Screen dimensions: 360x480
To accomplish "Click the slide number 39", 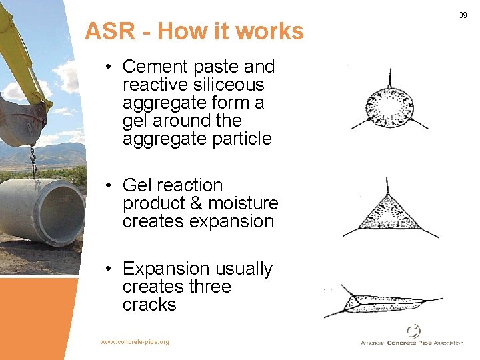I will pyautogui.click(x=463, y=15).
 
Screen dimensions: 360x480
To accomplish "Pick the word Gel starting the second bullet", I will pyautogui.click(x=139, y=185).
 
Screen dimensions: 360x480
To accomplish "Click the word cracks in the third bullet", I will pyautogui.click(x=149, y=305).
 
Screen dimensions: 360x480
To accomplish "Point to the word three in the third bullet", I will pyautogui.click(x=208, y=287).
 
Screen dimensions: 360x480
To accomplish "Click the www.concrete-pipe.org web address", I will pyautogui.click(x=135, y=342).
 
